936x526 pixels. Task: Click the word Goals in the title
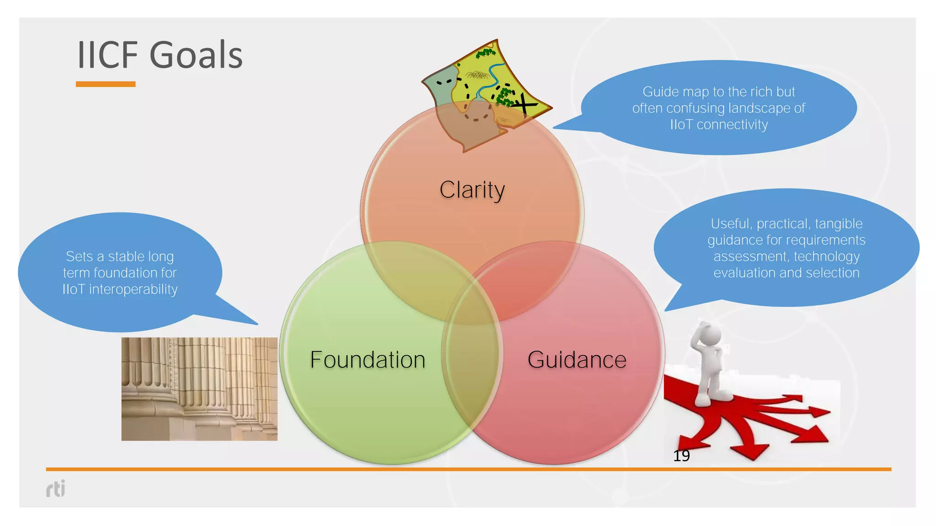tap(196, 55)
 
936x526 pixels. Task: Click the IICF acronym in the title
tap(108, 55)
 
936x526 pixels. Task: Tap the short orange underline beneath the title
tap(106, 84)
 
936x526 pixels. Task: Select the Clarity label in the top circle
tap(472, 190)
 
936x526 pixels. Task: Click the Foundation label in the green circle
tap(367, 360)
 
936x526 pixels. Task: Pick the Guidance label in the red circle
tap(577, 360)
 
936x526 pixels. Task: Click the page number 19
tap(681, 456)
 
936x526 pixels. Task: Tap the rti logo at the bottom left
tap(56, 489)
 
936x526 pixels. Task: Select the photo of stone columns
tap(199, 389)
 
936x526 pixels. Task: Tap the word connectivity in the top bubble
tap(732, 125)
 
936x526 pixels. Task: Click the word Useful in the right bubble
tap(730, 224)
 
